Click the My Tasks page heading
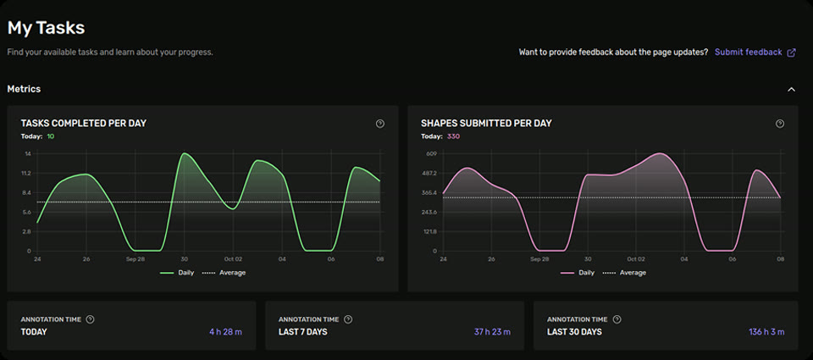47,27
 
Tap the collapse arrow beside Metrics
791,89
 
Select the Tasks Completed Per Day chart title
83,124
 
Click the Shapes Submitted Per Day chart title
486,124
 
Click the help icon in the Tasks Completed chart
380,124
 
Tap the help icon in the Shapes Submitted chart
780,124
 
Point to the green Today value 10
51,136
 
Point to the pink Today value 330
453,136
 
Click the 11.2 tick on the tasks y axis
26,174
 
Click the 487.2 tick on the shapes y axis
428,174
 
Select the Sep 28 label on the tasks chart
135,259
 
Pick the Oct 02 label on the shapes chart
635,259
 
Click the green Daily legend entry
180,273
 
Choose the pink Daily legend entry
580,273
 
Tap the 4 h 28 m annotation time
225,332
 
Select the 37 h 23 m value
492,332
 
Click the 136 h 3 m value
766,332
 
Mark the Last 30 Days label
574,332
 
